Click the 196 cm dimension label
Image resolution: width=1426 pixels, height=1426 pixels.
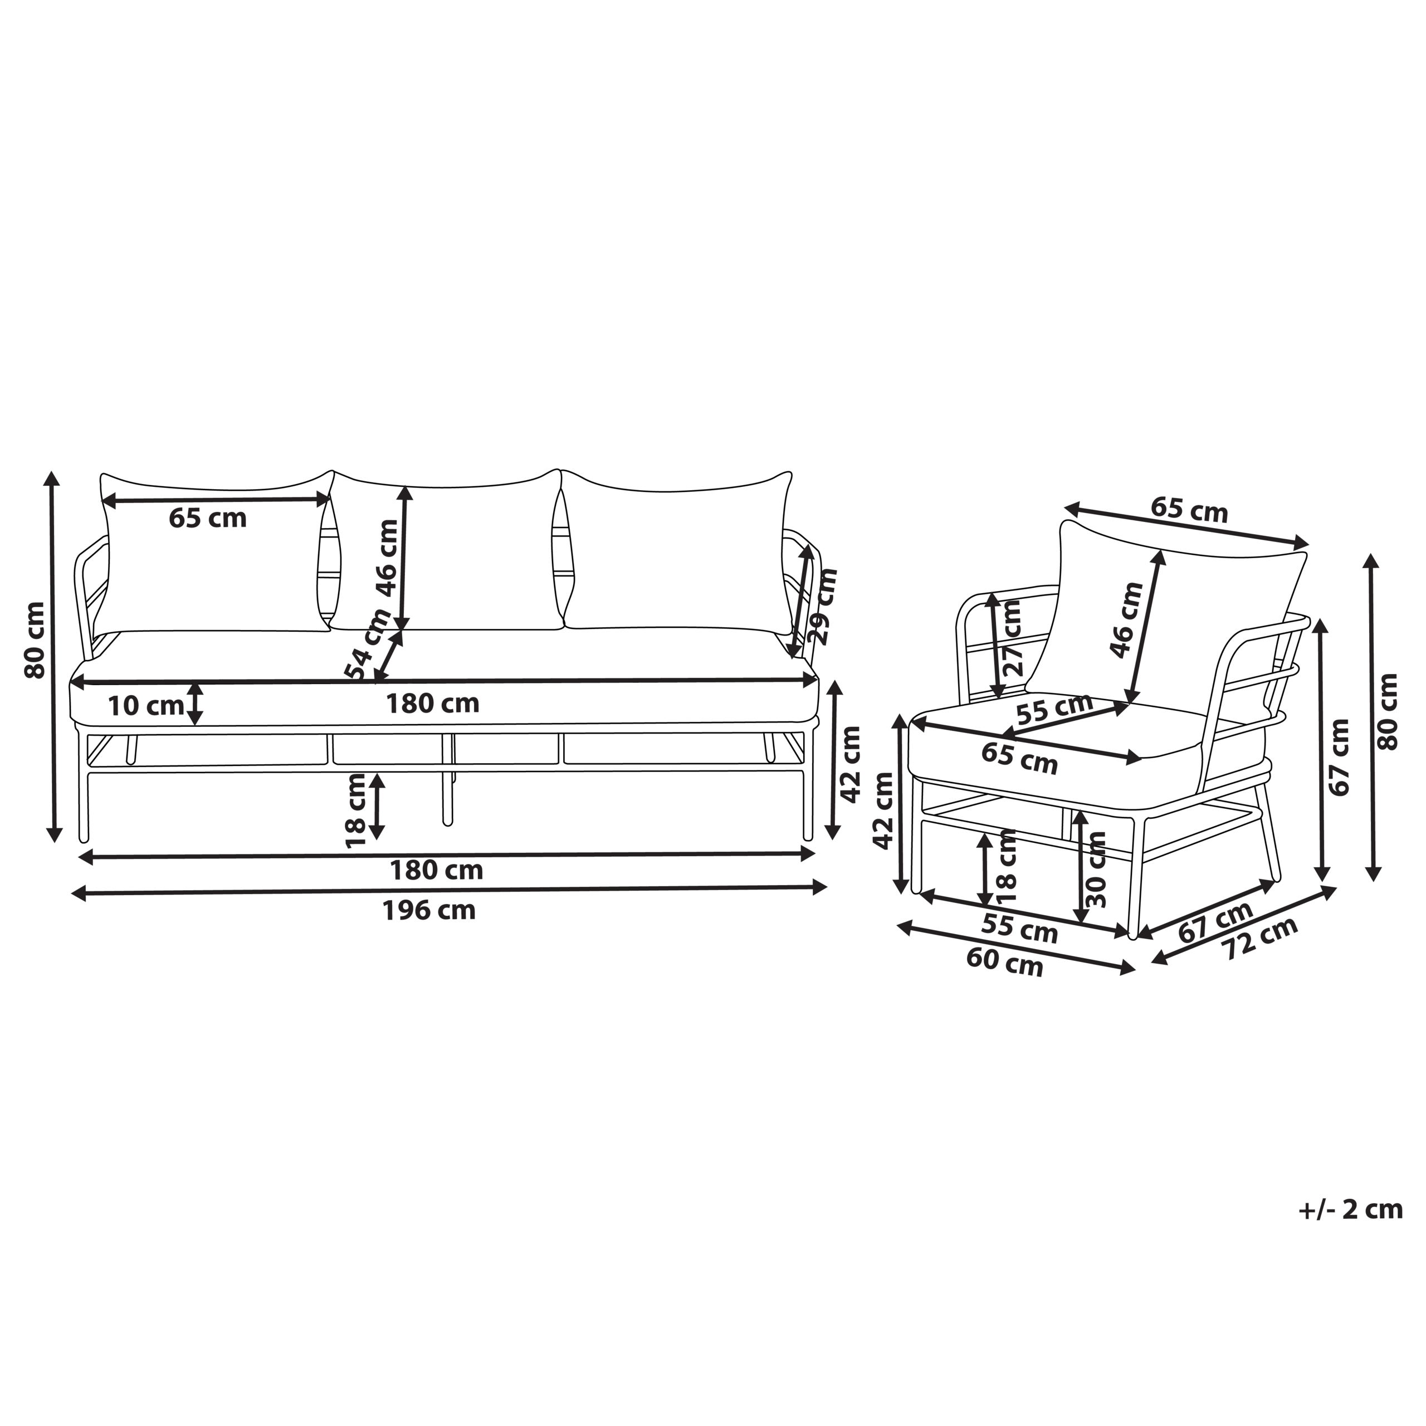(429, 911)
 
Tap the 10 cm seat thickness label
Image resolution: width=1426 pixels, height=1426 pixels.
(145, 706)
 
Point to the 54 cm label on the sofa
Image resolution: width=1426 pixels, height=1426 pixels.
(368, 643)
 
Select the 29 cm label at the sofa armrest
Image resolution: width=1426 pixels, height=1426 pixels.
(824, 606)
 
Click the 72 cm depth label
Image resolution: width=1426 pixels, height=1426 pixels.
(1261, 937)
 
